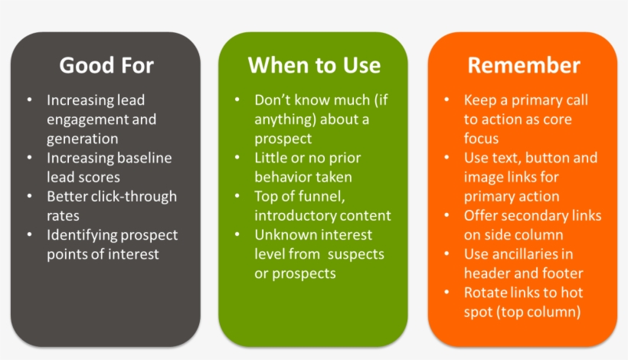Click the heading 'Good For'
click(106, 65)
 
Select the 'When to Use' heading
click(314, 65)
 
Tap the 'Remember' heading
click(524, 65)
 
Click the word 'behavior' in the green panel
click(284, 178)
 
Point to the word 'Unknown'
click(284, 235)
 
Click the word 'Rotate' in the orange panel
click(485, 293)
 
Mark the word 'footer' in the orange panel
click(563, 273)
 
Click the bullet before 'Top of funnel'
click(238, 197)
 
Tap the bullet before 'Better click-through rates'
click(29, 197)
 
